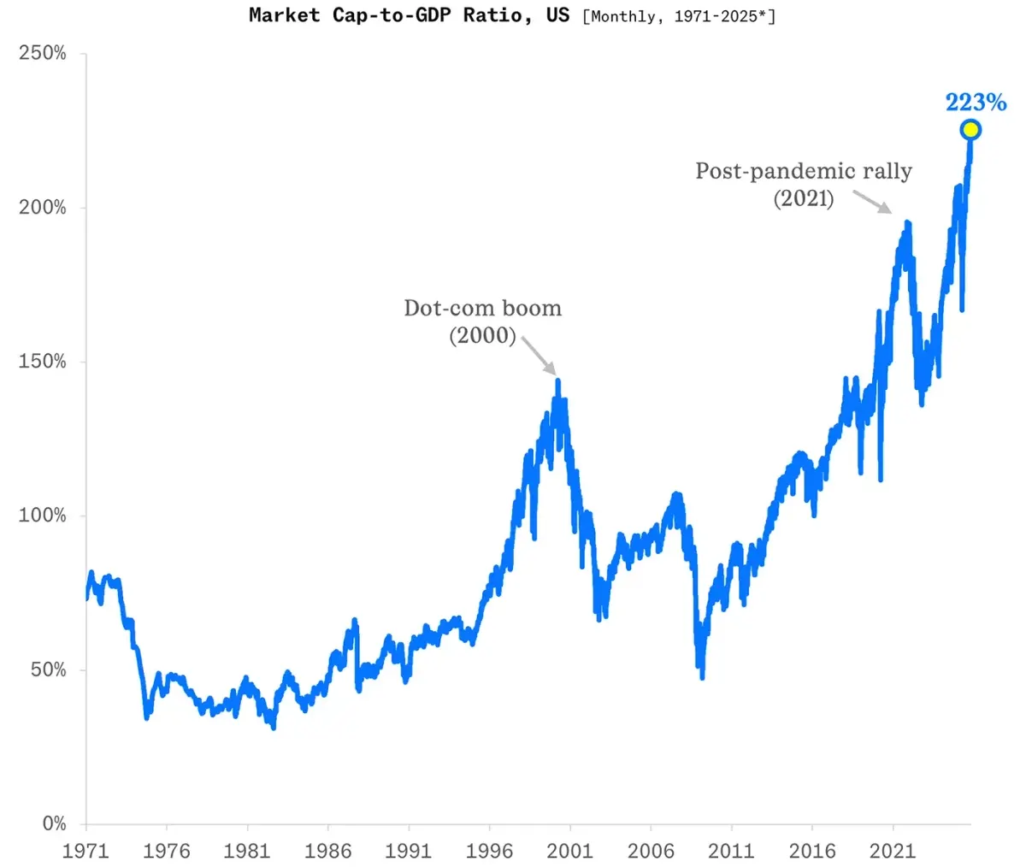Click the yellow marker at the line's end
(970, 130)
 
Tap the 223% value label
(976, 103)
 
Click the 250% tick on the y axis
(42, 54)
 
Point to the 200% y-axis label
(42, 208)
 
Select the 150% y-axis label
(42, 362)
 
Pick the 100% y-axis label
(42, 516)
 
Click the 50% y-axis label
(48, 669)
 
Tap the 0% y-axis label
(54, 823)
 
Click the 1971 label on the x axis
(85, 851)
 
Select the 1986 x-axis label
(328, 851)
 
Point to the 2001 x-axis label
(570, 851)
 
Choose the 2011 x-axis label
(732, 851)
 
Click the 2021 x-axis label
(893, 851)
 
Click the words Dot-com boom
(482, 308)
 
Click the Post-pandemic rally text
(803, 171)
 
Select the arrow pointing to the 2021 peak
(873, 202)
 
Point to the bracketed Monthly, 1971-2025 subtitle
(679, 16)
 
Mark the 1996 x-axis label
(489, 851)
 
